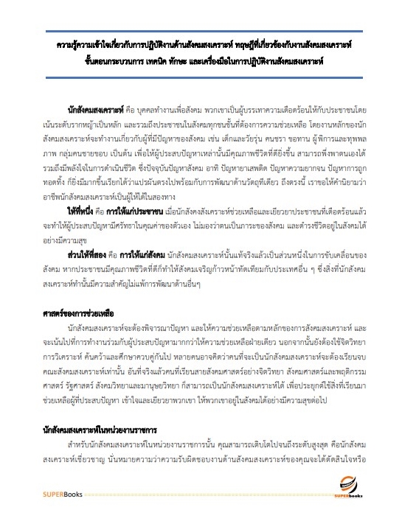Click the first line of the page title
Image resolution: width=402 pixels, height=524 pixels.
coord(201,44)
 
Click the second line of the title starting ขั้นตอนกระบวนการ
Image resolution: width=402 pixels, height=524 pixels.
coord(201,60)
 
